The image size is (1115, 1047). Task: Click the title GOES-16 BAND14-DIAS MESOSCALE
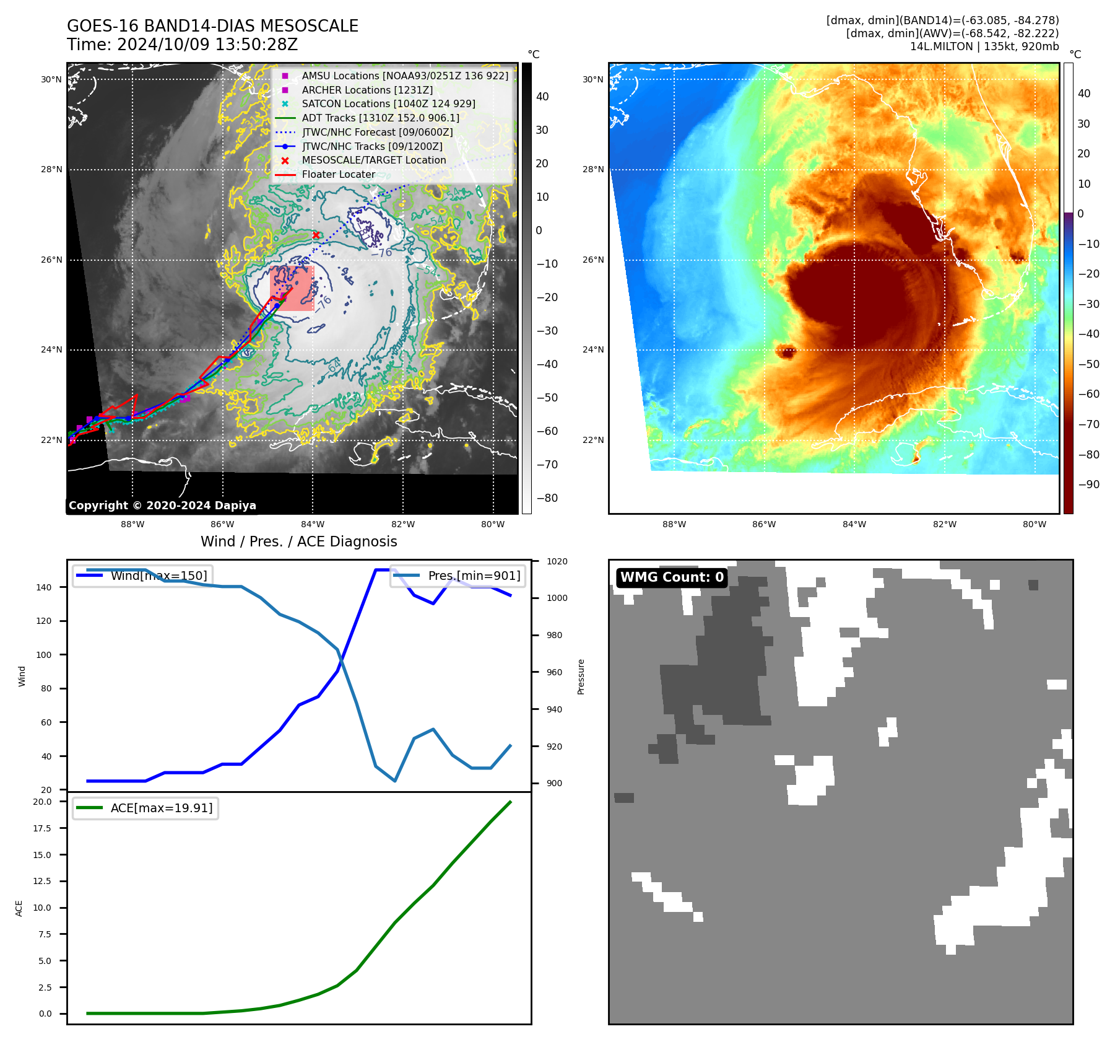(x=212, y=26)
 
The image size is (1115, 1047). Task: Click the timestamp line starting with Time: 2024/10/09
(x=182, y=45)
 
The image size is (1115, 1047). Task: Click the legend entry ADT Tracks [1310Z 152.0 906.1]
(x=380, y=118)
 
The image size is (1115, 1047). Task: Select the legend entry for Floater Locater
(x=338, y=174)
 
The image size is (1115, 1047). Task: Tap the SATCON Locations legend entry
(x=388, y=103)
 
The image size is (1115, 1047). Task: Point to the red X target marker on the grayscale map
(x=316, y=235)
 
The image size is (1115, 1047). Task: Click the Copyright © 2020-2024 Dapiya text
(x=162, y=505)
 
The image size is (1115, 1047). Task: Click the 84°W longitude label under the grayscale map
(x=313, y=524)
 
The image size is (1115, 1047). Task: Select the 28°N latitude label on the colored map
(x=592, y=169)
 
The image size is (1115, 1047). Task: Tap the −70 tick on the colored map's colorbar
(x=1088, y=424)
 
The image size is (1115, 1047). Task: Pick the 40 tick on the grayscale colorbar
(x=542, y=96)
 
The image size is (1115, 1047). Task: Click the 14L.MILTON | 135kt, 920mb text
(x=984, y=46)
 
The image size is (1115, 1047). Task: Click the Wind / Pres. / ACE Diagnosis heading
(x=298, y=541)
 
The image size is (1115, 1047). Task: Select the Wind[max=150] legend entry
(x=158, y=576)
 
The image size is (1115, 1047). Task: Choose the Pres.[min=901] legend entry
(x=474, y=576)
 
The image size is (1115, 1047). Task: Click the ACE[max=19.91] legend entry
(x=161, y=808)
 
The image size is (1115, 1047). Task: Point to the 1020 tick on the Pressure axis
(x=557, y=561)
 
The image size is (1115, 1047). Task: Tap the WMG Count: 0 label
(x=672, y=577)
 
